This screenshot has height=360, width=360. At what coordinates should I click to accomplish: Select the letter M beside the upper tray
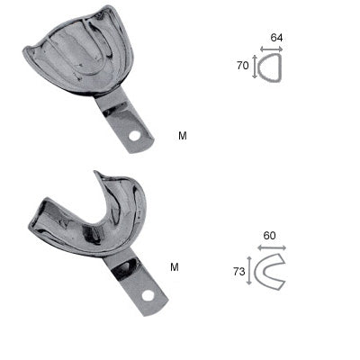pyautogui.click(x=183, y=136)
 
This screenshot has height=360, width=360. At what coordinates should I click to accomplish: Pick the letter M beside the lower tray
pyautogui.click(x=174, y=267)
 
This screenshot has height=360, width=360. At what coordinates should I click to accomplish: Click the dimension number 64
pyautogui.click(x=275, y=37)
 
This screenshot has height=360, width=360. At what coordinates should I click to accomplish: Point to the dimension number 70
pyautogui.click(x=242, y=66)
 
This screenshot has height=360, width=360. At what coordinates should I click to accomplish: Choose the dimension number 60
pyautogui.click(x=270, y=235)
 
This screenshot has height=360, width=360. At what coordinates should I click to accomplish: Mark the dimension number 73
pyautogui.click(x=238, y=269)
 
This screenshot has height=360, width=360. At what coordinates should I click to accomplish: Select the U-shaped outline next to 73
pyautogui.click(x=270, y=271)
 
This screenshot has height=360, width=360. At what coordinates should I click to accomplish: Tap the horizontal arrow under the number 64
pyautogui.click(x=271, y=49)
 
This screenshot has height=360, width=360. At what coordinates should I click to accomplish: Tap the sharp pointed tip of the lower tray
pyautogui.click(x=95, y=173)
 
